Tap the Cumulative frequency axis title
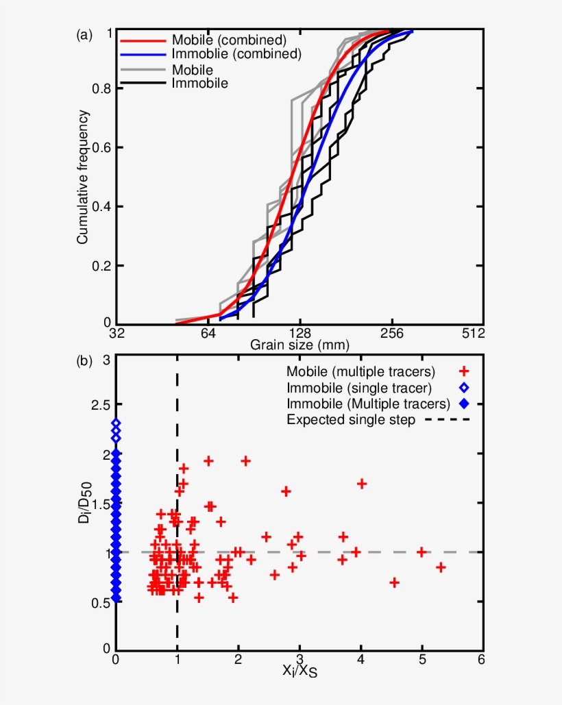83,177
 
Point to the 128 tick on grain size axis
300,334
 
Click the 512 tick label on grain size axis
474,334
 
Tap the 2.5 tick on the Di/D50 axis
101,406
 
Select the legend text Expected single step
351,420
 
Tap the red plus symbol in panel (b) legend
464,371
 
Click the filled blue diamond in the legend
464,404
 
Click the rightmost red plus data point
441,567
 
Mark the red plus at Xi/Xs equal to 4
362,484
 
